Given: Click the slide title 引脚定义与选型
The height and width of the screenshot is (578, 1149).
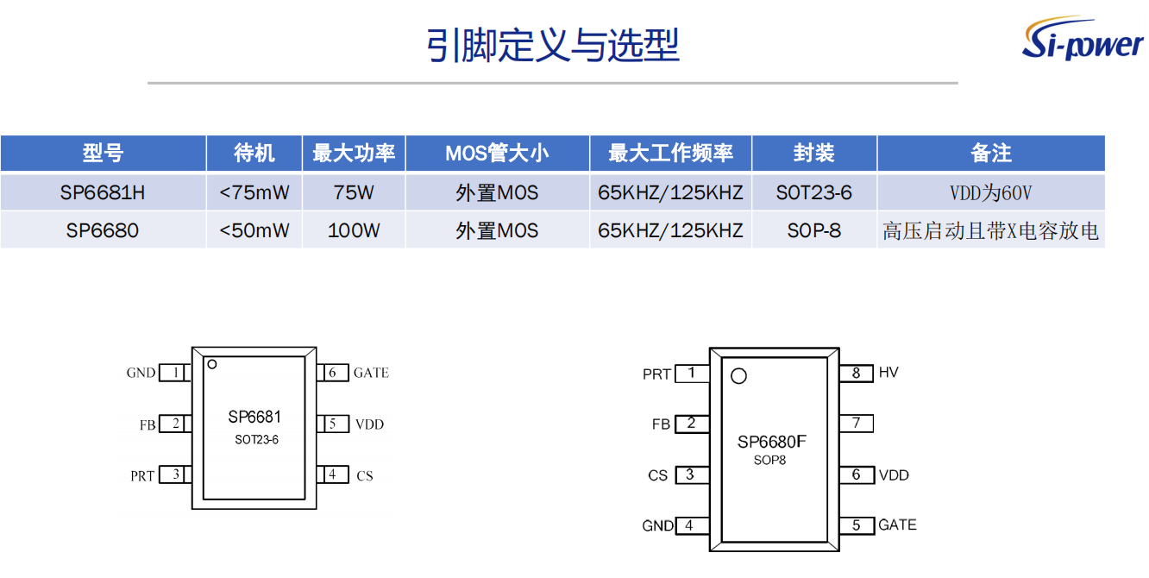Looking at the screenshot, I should (x=553, y=45).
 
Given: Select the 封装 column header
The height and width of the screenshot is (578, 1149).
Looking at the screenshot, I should (x=813, y=154).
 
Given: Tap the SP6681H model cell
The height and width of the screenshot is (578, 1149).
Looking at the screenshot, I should (x=103, y=192).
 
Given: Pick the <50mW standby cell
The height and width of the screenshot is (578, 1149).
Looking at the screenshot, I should (x=254, y=230).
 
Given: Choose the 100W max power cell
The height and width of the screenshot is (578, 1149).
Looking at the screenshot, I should (x=354, y=230).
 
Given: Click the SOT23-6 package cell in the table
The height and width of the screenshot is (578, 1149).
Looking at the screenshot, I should (x=813, y=192).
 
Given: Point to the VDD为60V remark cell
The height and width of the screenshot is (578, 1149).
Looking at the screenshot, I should (x=990, y=193).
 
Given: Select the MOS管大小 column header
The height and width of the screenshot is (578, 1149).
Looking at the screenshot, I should (x=497, y=154).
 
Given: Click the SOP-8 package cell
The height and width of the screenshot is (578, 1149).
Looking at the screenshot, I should (x=813, y=230).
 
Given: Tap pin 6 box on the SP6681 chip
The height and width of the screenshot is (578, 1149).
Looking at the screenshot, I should (x=332, y=373).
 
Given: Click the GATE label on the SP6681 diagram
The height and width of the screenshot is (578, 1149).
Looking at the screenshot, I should (x=371, y=373).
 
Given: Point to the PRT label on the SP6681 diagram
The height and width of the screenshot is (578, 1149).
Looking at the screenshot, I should (x=142, y=475).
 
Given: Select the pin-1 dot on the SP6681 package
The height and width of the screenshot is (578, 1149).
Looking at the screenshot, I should (x=210, y=365).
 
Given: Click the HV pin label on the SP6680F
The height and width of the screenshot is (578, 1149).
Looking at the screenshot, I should (x=888, y=373).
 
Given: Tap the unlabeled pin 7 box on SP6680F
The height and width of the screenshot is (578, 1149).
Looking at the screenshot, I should (x=856, y=423).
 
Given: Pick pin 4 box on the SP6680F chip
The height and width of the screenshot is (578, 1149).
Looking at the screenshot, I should (x=691, y=525).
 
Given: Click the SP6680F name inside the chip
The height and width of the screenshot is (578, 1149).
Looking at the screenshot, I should (x=772, y=443).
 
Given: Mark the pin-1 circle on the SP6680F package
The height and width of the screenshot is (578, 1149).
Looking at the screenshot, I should (x=738, y=376).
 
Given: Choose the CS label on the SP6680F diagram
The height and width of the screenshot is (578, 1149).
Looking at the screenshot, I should (x=658, y=475).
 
